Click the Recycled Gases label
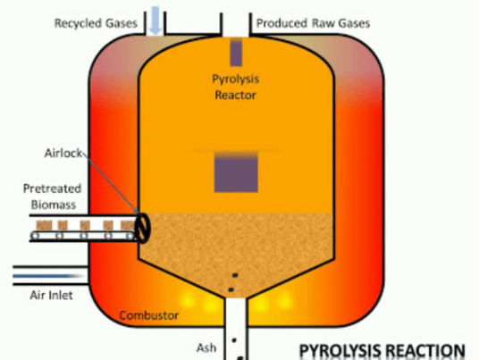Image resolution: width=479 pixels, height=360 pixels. point(96,23)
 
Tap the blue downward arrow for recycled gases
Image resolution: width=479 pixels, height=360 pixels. point(155,21)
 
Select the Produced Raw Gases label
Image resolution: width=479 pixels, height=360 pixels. point(313,23)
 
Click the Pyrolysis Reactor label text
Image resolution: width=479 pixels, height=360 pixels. point(236,87)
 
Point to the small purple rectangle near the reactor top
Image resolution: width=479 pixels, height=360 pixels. point(236,53)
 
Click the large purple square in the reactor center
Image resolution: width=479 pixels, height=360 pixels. point(236,172)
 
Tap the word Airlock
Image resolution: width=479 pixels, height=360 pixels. point(63,153)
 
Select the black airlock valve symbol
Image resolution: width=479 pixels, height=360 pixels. point(143,228)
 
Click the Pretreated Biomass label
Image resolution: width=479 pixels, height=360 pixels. point(53,197)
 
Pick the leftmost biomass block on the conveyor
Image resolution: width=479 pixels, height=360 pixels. point(45,225)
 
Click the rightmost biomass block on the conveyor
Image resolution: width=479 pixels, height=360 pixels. point(128,225)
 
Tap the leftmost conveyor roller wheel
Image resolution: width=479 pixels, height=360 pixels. point(36,236)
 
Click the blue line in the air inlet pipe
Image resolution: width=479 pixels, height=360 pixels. point(48,276)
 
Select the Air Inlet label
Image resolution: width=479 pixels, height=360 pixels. point(51,296)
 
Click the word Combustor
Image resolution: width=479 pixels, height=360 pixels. point(148,315)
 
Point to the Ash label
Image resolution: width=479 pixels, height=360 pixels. point(206,347)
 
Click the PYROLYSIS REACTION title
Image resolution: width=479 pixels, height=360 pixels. point(382,350)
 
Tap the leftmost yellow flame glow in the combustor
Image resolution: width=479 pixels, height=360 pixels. point(187,299)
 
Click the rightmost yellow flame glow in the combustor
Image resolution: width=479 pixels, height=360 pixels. point(284,300)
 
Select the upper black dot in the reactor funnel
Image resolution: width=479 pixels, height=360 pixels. point(235,275)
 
